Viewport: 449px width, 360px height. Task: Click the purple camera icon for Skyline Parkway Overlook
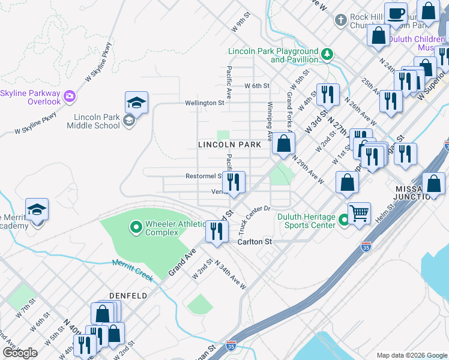[x=70, y=95]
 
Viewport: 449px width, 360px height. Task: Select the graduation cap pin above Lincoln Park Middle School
[x=136, y=103]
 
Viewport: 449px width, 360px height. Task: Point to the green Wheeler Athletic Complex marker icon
[x=136, y=227]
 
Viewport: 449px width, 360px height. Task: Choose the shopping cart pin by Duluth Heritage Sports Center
[x=359, y=213]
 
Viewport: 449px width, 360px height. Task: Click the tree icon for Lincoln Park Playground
[x=327, y=55]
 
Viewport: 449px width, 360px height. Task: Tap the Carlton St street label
[x=255, y=242]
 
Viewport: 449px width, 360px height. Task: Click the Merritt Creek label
[x=133, y=271]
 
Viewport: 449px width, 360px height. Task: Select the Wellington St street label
[x=204, y=103]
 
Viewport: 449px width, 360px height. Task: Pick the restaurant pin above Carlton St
[x=217, y=232]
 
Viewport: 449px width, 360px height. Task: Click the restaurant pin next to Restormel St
[x=234, y=182]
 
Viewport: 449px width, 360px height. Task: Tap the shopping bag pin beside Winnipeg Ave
[x=283, y=144]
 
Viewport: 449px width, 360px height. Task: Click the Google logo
[x=20, y=353]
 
